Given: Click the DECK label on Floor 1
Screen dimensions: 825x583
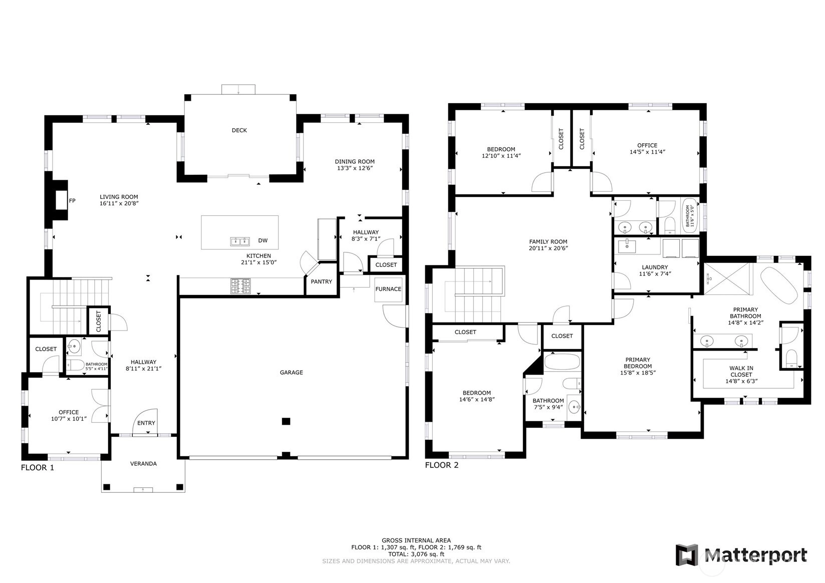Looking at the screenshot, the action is point(239,130).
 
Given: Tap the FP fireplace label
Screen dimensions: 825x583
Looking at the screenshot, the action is point(72,201).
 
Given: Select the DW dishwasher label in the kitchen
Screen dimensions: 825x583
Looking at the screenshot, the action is point(262,240).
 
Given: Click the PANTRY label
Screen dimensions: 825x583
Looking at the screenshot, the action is point(321,282).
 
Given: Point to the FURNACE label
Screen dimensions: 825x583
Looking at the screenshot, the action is point(388,289).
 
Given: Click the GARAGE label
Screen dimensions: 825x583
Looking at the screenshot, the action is point(292,373).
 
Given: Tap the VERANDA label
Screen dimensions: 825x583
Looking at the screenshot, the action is point(143,464).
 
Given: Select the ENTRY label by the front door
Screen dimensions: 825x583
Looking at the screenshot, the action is point(146,423).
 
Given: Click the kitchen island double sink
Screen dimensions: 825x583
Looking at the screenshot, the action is point(240,241).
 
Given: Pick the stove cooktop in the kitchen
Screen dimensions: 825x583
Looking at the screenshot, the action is point(240,286).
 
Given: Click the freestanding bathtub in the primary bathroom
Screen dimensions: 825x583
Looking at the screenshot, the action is point(779,285).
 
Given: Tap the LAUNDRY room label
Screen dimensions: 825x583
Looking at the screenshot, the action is point(655,267).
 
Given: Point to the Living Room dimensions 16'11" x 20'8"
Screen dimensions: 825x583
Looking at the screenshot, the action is point(119,203).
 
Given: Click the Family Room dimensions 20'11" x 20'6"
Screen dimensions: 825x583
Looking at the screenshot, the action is point(548,248).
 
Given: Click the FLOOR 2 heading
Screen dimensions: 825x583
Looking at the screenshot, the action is point(442,465).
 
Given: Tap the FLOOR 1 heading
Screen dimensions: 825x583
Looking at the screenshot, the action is point(38,468).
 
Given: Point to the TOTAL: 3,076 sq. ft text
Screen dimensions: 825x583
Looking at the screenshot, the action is point(416,554).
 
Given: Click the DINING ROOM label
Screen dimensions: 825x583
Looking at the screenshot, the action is point(355,162).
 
